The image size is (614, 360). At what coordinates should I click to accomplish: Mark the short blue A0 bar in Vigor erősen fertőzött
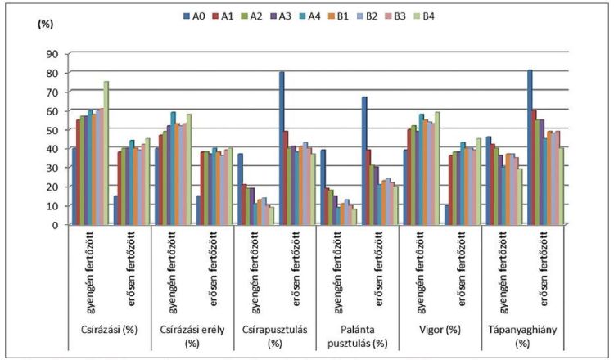[x=447, y=214]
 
